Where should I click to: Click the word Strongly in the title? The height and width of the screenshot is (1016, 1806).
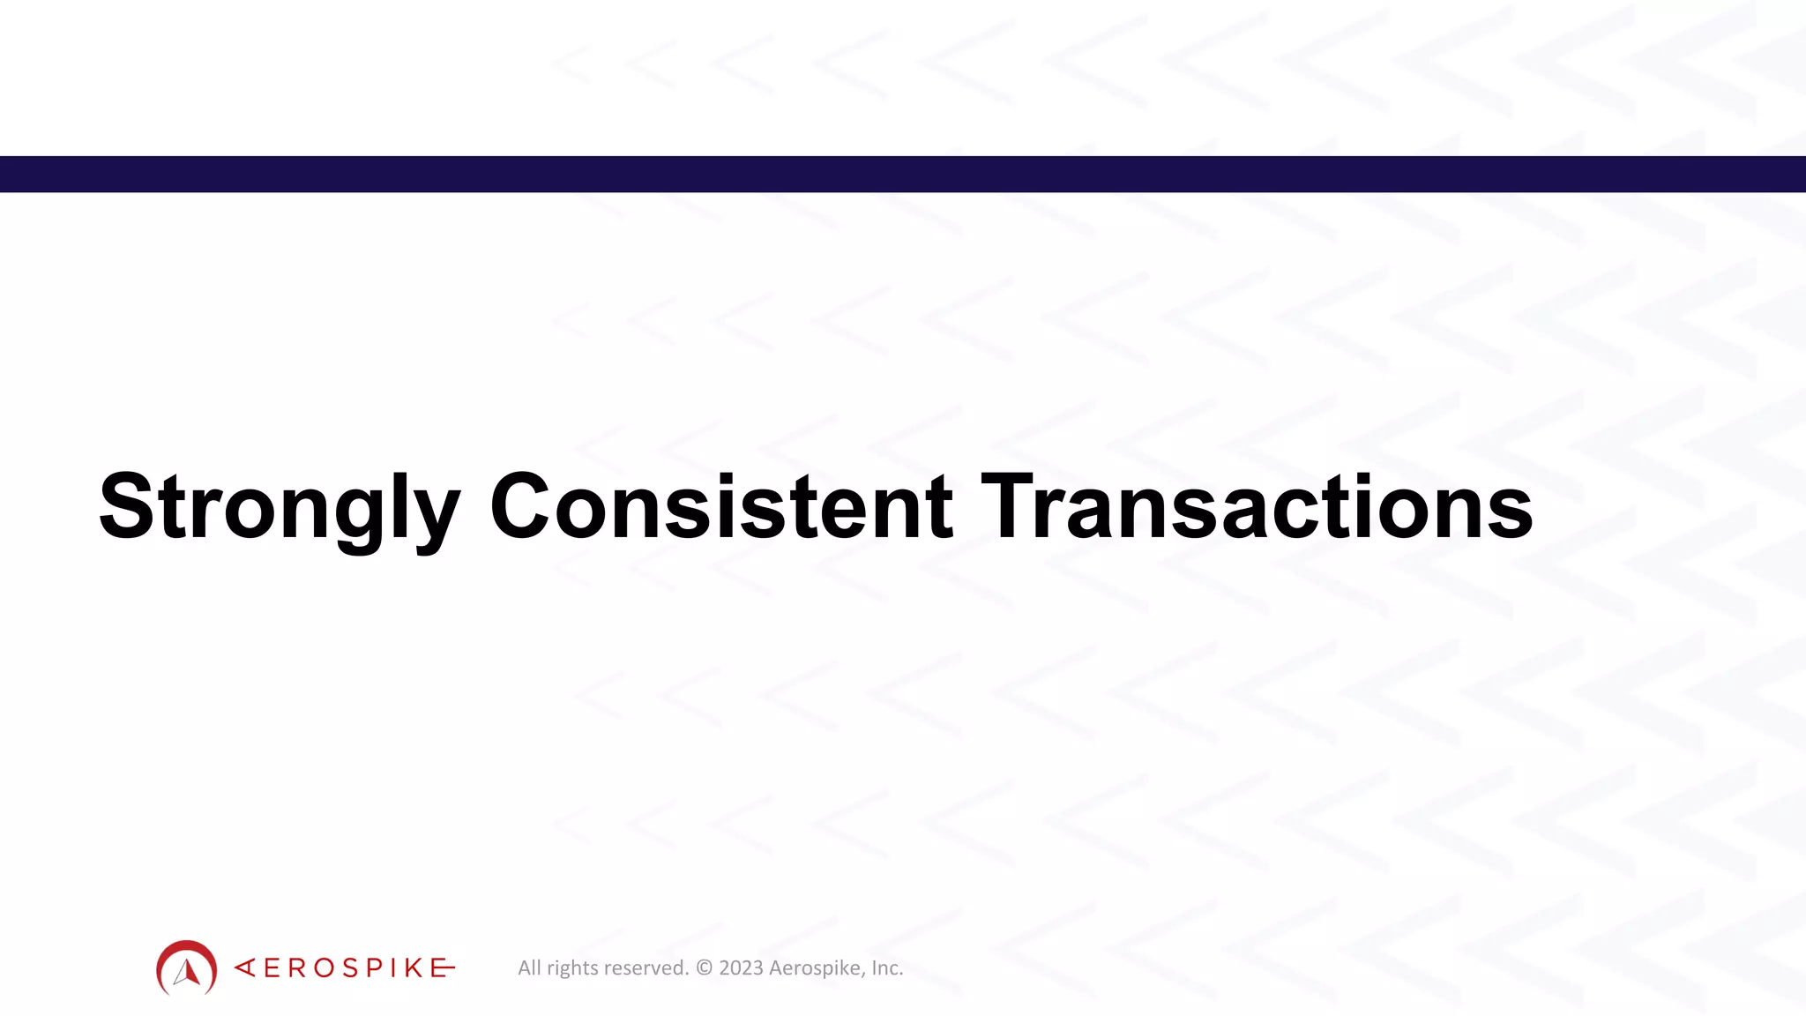279,507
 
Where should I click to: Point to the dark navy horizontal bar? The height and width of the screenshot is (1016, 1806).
903,174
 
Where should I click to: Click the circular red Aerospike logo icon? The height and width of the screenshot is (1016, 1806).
186,967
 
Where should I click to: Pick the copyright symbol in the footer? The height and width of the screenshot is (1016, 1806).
704,967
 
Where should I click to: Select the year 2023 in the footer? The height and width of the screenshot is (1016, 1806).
741,967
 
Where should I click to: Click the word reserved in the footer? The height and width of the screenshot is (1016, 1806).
646,967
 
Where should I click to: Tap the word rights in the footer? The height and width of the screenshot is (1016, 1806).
573,968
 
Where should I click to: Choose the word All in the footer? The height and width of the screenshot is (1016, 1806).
529,967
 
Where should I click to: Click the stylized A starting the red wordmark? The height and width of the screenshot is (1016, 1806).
245,967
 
